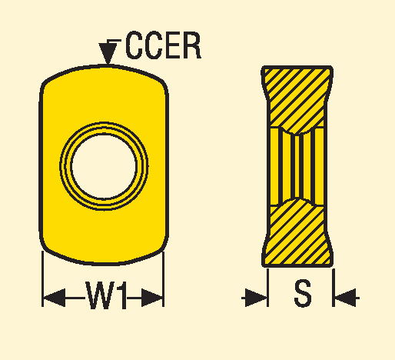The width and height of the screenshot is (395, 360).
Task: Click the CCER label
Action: (163, 45)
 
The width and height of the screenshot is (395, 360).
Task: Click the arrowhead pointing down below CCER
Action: (108, 53)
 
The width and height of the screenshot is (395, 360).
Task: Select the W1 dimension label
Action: (106, 295)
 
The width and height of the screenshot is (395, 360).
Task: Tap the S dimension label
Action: (303, 293)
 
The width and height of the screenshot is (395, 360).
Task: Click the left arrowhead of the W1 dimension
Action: (54, 298)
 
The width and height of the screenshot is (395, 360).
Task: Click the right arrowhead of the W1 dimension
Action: (152, 298)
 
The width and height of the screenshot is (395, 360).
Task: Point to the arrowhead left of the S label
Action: (256, 298)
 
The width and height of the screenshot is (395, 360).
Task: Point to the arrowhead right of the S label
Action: (345, 298)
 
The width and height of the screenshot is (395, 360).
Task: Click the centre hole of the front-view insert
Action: (104, 166)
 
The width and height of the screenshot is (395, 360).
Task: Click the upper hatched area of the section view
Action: (297, 98)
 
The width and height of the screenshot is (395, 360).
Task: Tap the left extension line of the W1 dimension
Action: (42, 278)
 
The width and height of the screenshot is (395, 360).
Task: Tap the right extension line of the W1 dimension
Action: (163, 278)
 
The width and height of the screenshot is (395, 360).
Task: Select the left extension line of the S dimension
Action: (268, 288)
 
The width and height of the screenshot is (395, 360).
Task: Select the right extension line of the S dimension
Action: (334, 288)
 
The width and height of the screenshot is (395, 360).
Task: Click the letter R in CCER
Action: (191, 45)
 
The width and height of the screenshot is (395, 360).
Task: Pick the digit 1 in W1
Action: (123, 295)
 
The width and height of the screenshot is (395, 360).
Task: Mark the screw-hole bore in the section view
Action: (297, 166)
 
